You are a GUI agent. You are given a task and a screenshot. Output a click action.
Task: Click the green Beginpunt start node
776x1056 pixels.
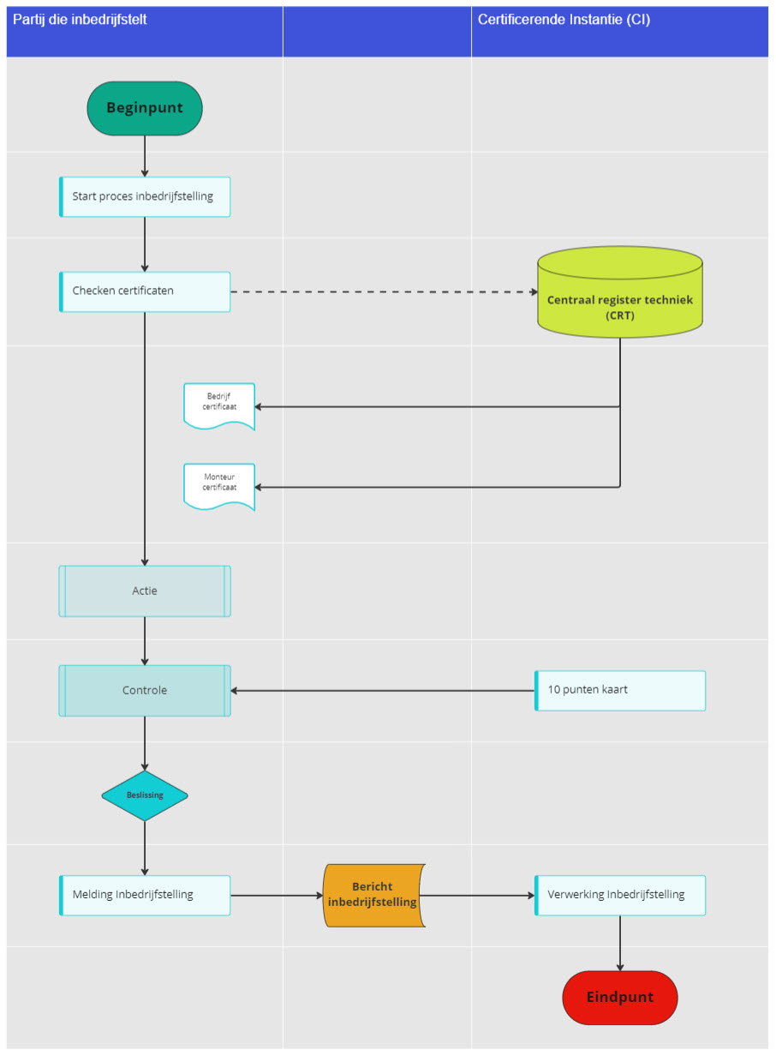coord(145,108)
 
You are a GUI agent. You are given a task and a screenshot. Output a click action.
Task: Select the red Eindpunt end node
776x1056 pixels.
coord(619,997)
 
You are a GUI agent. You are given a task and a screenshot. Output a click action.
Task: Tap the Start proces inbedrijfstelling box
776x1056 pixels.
coord(145,196)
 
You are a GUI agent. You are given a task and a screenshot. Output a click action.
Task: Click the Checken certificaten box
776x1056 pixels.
coord(145,291)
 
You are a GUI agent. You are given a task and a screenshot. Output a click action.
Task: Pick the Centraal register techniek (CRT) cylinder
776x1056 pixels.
coord(619,291)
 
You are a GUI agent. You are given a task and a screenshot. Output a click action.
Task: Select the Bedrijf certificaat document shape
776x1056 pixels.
coord(219,406)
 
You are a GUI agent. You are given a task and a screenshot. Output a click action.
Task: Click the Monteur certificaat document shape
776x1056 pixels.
coord(219,487)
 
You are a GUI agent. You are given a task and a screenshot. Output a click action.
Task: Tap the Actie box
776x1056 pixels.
coord(145,591)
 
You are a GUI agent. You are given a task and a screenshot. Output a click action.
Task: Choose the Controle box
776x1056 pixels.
coord(145,690)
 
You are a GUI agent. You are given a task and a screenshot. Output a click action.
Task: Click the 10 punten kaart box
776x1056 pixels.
coord(619,690)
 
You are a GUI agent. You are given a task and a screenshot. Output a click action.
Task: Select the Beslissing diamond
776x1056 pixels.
coord(145,795)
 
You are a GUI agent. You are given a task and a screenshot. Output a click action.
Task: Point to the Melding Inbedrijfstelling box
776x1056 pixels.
coord(145,895)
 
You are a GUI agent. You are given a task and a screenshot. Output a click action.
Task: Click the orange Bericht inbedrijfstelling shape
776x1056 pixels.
coord(373,895)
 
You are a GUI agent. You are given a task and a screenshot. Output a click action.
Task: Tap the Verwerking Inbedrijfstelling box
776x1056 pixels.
coord(619,895)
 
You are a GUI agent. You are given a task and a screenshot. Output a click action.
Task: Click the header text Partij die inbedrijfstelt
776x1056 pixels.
coord(80,20)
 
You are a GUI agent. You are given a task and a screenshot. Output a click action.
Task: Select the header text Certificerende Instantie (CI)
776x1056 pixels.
coord(564,20)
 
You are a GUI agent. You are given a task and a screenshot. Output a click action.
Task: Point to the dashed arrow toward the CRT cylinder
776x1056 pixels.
coord(384,291)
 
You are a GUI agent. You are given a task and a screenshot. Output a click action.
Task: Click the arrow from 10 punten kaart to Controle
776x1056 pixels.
coord(383,691)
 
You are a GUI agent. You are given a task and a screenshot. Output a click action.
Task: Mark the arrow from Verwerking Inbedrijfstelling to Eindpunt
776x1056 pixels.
coord(619,943)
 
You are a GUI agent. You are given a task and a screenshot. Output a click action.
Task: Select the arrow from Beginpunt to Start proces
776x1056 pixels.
coord(145,156)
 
